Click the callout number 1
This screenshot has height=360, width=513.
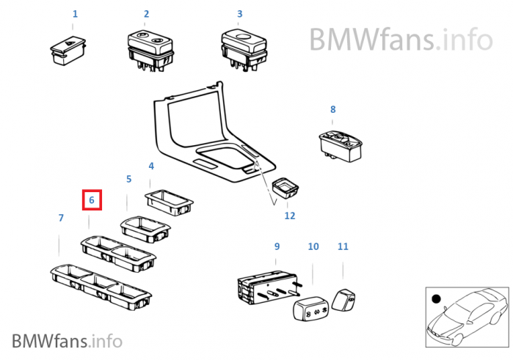[74, 14]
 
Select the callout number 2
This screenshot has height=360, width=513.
[146, 14]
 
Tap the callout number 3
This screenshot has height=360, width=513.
[239, 14]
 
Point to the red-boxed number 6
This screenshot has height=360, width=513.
[92, 199]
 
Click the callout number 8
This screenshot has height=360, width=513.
[332, 109]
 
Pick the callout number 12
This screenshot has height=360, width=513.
[290, 216]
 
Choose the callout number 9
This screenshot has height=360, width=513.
[277, 246]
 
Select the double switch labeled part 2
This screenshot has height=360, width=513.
[150, 48]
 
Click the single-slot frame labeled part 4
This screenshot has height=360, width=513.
[170, 200]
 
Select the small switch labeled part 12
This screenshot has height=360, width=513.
[284, 191]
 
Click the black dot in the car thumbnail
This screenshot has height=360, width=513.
[436, 299]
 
